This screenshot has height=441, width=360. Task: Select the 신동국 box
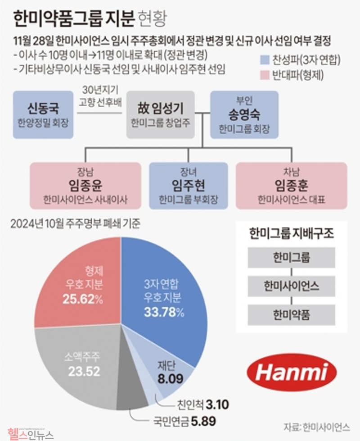coord(43,114)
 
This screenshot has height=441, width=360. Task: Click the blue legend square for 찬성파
coord(265,59)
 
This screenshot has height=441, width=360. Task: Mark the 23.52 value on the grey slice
coord(82,372)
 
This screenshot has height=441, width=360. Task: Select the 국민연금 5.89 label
coord(182,422)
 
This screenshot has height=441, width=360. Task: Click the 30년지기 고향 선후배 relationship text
coord(100,95)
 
